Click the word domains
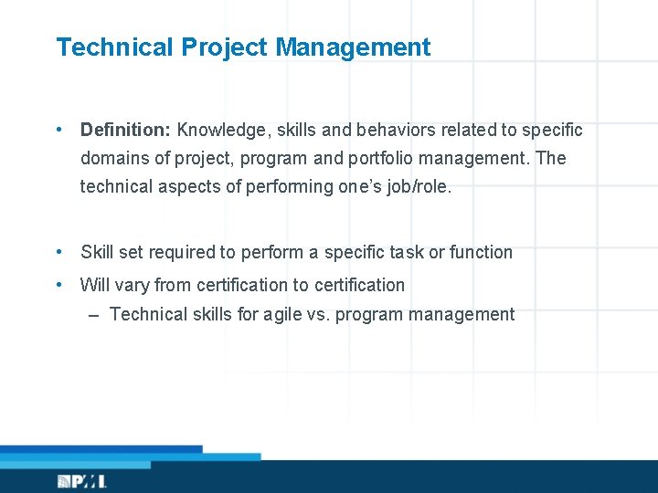coord(115,159)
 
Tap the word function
coord(482,252)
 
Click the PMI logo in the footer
coord(82,481)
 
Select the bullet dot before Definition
coord(58,130)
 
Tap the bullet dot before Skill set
coord(58,252)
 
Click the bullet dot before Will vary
coord(58,285)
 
